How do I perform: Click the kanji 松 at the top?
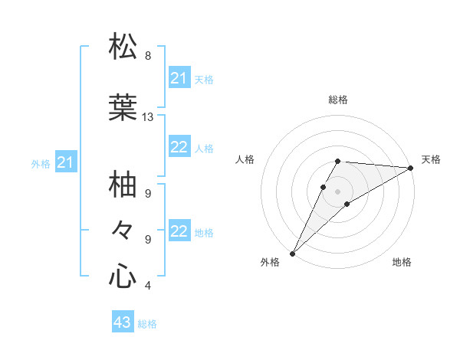[123, 47]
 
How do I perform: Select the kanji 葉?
[123, 108]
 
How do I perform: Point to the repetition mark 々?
[123, 230]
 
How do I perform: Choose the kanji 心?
[123, 276]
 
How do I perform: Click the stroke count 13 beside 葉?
[148, 117]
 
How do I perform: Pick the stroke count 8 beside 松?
[148, 56]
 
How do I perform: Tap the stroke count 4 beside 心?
[148, 286]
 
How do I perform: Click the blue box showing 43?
[122, 322]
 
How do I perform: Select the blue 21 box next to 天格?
[179, 78]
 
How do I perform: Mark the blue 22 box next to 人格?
[179, 148]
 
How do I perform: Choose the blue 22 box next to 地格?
[179, 232]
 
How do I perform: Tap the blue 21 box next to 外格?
[66, 162]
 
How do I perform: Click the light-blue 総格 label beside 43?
[147, 324]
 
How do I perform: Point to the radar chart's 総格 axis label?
[338, 100]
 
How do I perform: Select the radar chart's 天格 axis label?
[431, 159]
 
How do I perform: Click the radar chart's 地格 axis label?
[402, 263]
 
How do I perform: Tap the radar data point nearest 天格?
[411, 168]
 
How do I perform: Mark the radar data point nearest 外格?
[292, 254]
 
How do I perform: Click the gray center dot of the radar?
[338, 191]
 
